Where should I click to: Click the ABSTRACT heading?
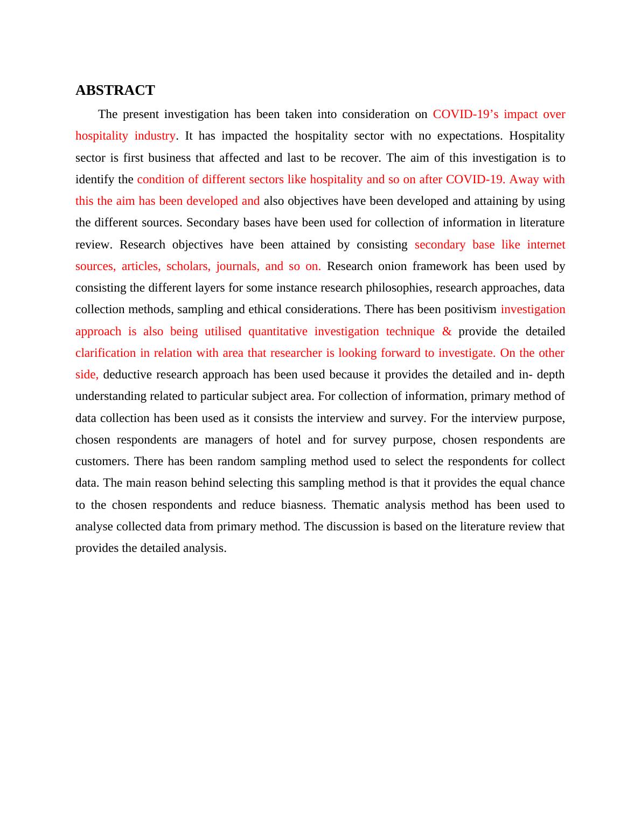[115, 90]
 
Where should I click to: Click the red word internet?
[546, 245]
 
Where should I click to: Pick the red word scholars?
[188, 266]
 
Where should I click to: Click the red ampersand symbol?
[447, 331]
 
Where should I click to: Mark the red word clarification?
[106, 353]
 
